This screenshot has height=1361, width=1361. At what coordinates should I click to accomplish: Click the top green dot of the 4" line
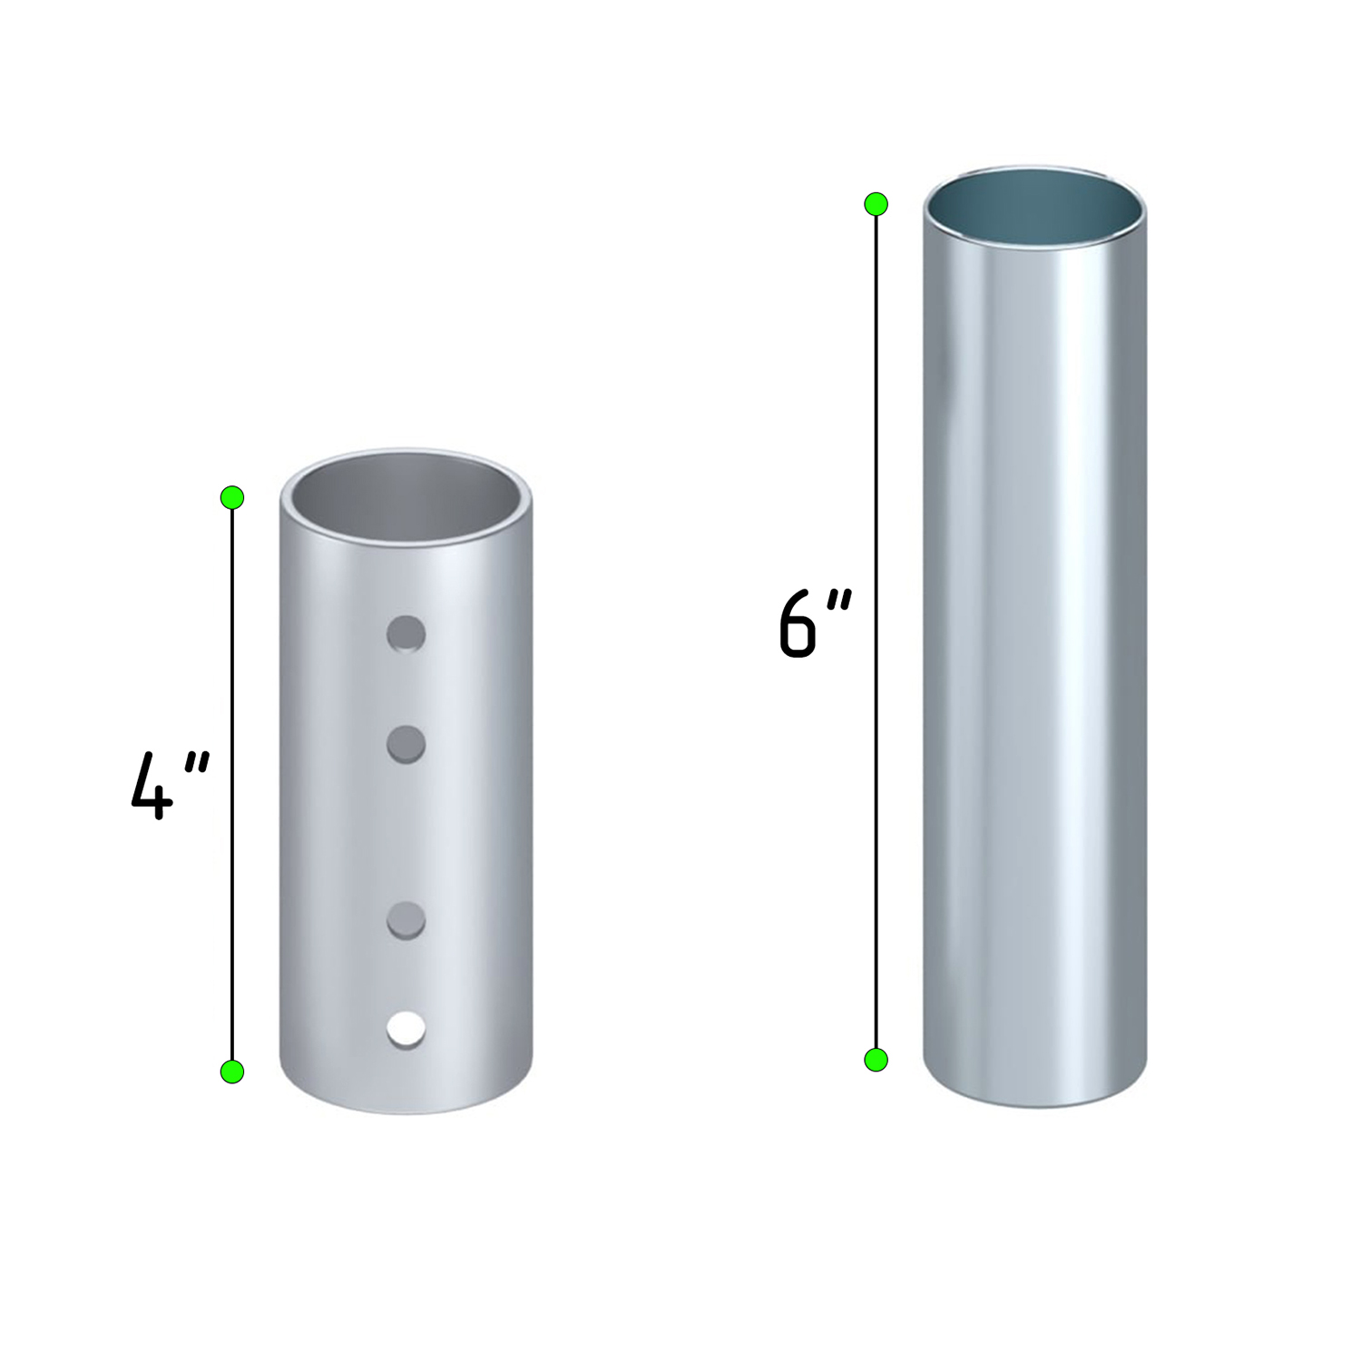pyautogui.click(x=232, y=497)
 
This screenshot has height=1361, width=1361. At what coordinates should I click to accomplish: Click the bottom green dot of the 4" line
pyautogui.click(x=232, y=1072)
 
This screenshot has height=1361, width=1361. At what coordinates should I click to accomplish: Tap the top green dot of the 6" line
pyautogui.click(x=876, y=204)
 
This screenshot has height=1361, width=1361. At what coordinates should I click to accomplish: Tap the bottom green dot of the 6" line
pyautogui.click(x=876, y=1060)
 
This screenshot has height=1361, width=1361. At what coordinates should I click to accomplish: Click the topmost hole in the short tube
pyautogui.click(x=406, y=634)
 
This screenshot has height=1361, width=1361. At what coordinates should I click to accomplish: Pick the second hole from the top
pyautogui.click(x=406, y=744)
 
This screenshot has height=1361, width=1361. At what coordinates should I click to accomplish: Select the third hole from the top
pyautogui.click(x=406, y=920)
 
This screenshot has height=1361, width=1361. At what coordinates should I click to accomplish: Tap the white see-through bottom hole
pyautogui.click(x=406, y=1031)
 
